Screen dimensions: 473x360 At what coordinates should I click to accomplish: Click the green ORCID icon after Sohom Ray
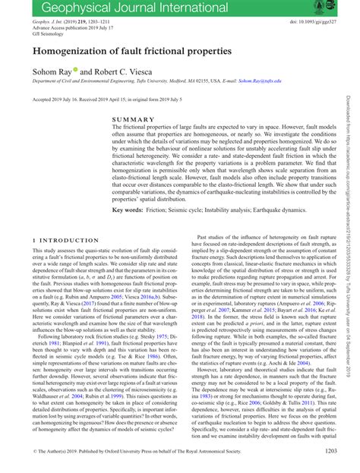click(73, 70)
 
